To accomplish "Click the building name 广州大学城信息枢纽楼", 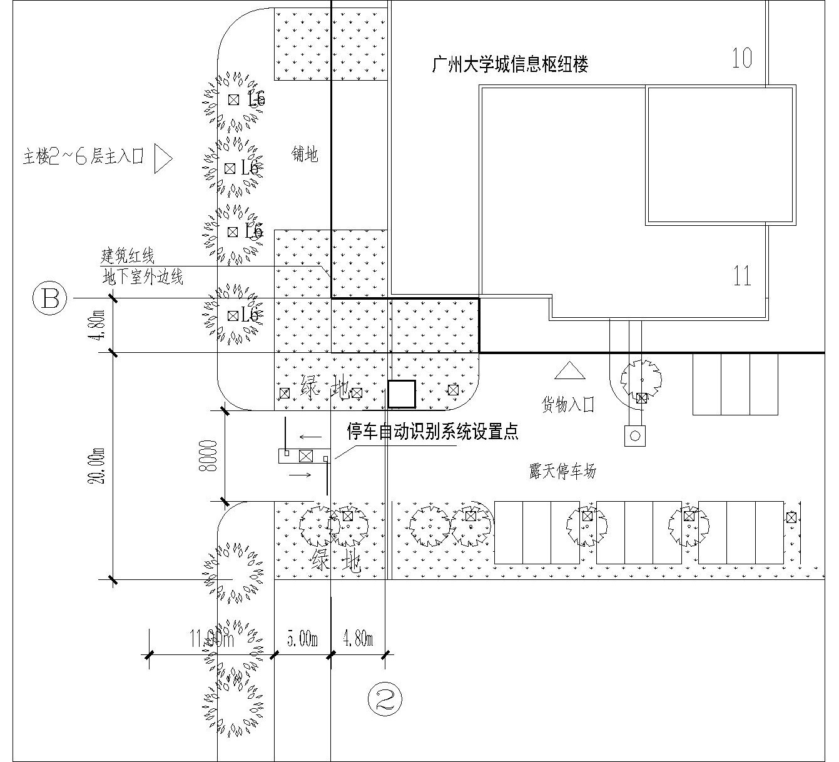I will point(510,64).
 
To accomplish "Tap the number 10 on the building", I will point(742,58).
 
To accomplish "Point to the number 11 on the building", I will point(742,276).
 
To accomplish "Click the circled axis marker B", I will point(50,298).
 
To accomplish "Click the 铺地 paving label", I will point(305,154).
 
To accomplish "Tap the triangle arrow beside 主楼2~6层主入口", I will point(162,159).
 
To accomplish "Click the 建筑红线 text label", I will point(128,256).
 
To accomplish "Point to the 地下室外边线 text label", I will point(143,277).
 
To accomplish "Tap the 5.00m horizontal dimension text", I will point(302,639).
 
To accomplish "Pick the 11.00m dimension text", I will point(211,639).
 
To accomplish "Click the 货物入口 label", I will point(567,404).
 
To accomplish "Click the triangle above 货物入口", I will point(569,371).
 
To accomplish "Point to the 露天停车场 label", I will point(562,471).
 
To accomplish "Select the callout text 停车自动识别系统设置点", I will point(433,432).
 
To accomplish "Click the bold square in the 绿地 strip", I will point(401,394).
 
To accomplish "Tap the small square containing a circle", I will point(634,435).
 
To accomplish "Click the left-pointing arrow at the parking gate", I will point(310,437).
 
